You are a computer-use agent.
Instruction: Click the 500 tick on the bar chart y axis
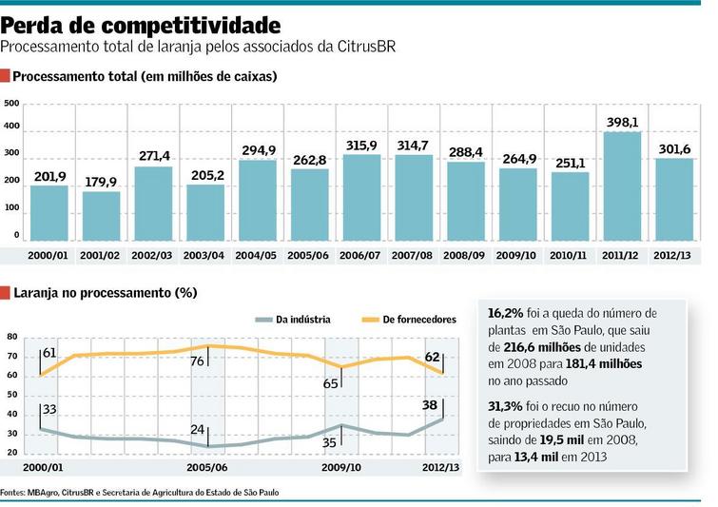[x=11, y=104]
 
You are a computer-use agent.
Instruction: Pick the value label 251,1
[x=516, y=164]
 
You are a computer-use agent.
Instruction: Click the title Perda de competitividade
[x=141, y=23]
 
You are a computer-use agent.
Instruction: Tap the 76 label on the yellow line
[x=198, y=361]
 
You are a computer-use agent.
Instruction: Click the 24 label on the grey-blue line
[x=198, y=430]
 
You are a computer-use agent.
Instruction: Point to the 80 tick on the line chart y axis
[x=11, y=337]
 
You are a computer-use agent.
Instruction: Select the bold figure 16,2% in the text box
[x=506, y=313]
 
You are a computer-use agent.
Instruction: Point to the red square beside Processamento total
[x=6, y=77]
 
